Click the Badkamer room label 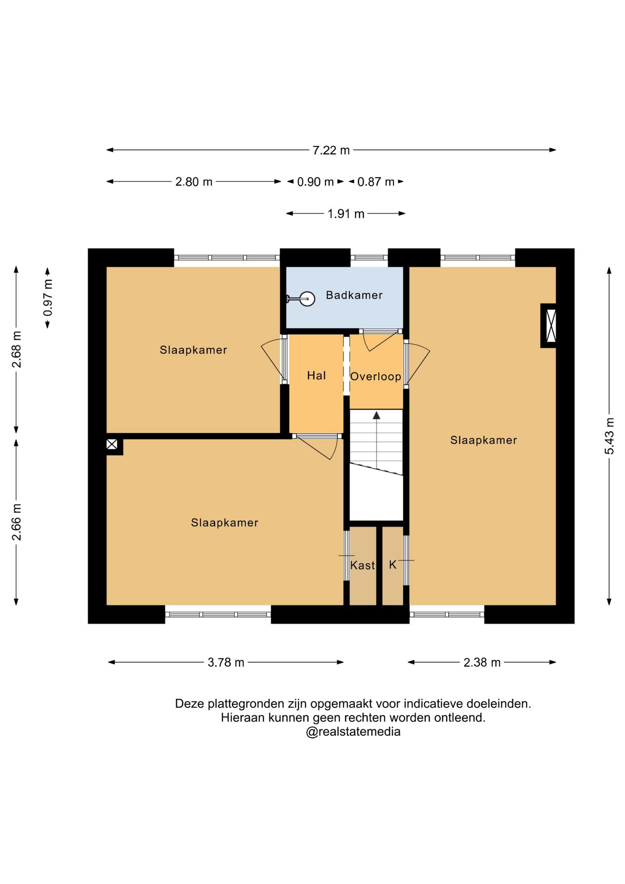point(354,295)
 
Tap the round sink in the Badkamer point(307,299)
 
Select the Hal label point(316,376)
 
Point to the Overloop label point(376,377)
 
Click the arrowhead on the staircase point(376,415)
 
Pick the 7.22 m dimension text point(331,150)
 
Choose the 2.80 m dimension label point(194,182)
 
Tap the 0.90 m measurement point(315,182)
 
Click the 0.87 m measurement point(376,182)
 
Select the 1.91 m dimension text point(346,214)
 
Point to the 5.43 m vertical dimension point(609,436)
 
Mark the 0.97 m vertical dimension point(48,297)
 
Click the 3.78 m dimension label point(226,662)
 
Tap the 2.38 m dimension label point(482,662)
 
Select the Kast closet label point(362,565)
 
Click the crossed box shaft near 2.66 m point(112,444)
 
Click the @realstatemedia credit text point(353,732)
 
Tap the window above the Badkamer point(369,257)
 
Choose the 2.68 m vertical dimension point(17,349)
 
